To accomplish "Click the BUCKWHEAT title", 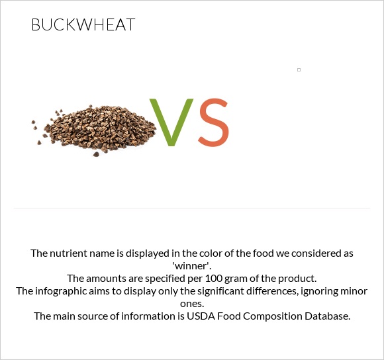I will pos(83,25).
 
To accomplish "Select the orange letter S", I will pos(213,122).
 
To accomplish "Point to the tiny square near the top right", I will pos(299,69).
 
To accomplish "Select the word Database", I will pos(324,316).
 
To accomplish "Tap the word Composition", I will pos(268,316).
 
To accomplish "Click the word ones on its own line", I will pos(192,303).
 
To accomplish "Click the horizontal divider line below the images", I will pos(192,208).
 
